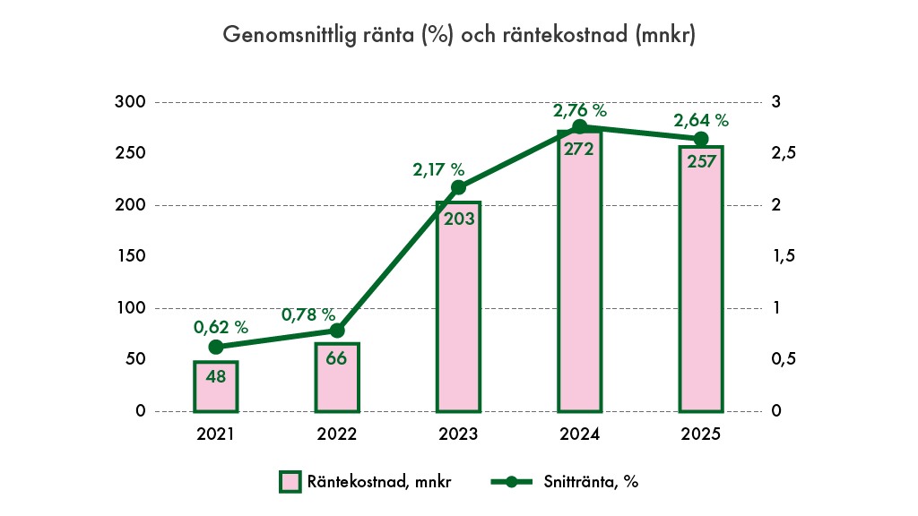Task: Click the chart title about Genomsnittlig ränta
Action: (x=459, y=36)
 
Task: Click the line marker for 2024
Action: (x=579, y=127)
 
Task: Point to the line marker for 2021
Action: (x=216, y=347)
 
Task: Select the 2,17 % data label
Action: (x=438, y=168)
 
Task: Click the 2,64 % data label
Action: (x=701, y=120)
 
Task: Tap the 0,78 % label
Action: (x=308, y=315)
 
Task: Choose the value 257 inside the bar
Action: (x=701, y=162)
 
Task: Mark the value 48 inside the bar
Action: (x=216, y=376)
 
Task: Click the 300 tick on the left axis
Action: (x=130, y=102)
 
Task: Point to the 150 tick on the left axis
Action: (x=130, y=257)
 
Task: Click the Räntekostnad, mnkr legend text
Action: (x=380, y=482)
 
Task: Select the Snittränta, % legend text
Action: (x=591, y=482)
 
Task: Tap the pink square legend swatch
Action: (x=290, y=482)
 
